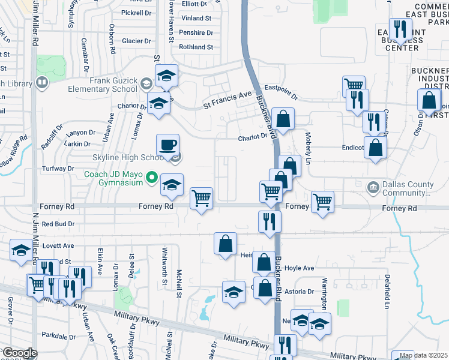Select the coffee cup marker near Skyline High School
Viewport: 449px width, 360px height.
click(167, 145)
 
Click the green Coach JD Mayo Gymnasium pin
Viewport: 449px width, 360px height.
click(152, 178)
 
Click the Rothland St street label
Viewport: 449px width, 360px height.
click(192, 47)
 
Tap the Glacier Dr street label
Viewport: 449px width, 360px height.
click(133, 41)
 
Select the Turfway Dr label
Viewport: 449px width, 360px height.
click(58, 169)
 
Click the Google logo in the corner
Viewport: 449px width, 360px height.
click(19, 353)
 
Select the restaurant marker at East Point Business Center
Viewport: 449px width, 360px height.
click(399, 29)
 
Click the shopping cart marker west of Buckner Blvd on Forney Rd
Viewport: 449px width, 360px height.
click(201, 198)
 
